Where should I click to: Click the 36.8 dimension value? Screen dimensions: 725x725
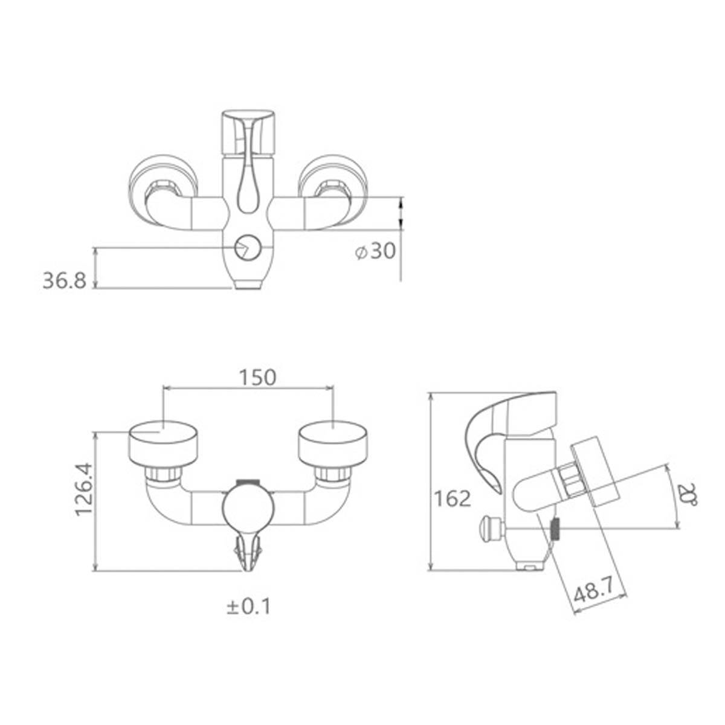(x=64, y=281)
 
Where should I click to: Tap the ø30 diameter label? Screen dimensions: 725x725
(x=375, y=251)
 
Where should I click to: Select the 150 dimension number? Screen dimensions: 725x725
(x=259, y=378)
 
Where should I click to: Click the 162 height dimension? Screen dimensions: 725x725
(x=453, y=498)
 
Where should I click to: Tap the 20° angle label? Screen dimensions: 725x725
(x=687, y=496)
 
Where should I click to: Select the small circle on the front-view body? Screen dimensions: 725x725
(x=247, y=248)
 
